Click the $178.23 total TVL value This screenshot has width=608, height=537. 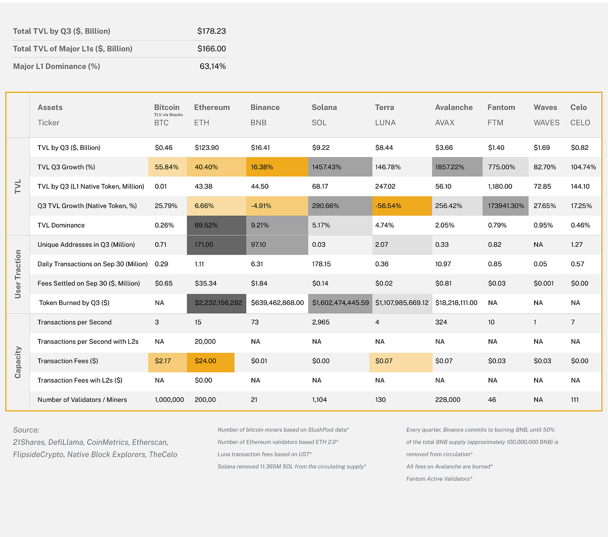(x=211, y=31)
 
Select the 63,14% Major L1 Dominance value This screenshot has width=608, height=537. (x=212, y=66)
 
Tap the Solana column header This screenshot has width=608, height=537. (x=324, y=107)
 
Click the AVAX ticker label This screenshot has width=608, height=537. (x=445, y=123)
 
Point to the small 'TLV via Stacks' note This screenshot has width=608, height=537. (x=169, y=115)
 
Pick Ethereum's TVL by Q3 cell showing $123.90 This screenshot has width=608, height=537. (x=207, y=148)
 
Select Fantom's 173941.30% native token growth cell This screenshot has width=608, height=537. (x=506, y=206)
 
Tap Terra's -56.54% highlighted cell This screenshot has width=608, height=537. (x=388, y=206)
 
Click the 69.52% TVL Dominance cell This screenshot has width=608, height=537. (x=206, y=225)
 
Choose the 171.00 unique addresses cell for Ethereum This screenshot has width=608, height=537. (x=204, y=245)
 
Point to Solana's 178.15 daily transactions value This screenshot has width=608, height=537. (x=321, y=264)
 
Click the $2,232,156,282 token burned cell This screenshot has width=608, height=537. (x=218, y=303)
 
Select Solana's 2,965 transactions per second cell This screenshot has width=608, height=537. (x=321, y=322)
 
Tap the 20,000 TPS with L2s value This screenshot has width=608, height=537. (x=205, y=341)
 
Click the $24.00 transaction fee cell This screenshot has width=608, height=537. (x=205, y=361)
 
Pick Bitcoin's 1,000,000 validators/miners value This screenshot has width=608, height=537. (x=169, y=400)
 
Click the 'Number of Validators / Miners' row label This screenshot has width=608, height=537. (x=82, y=400)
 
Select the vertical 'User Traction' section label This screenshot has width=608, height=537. (x=18, y=274)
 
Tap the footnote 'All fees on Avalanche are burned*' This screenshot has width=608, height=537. (x=449, y=467)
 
